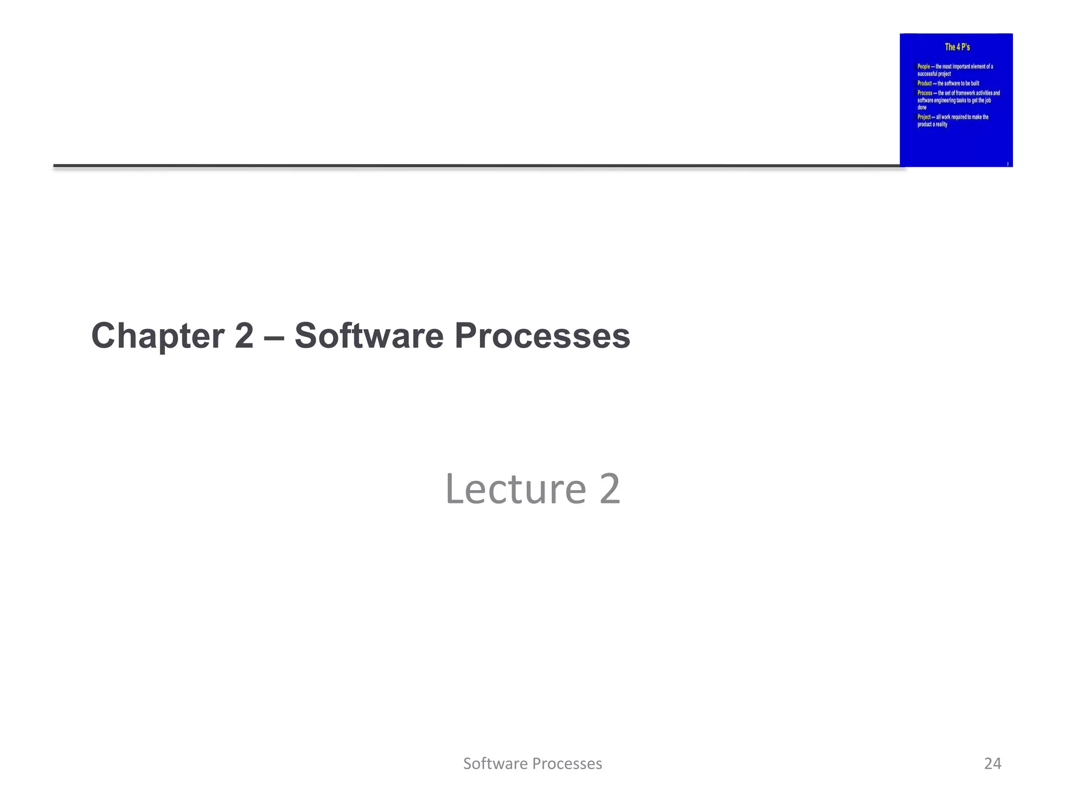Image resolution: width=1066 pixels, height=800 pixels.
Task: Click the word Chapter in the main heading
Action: (158, 336)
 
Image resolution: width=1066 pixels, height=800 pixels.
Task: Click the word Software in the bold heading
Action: (369, 336)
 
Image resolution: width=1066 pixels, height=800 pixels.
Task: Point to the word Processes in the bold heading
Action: (542, 336)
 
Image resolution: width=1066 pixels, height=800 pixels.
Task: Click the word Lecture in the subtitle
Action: (515, 489)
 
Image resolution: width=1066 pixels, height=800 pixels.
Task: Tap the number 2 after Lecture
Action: (610, 489)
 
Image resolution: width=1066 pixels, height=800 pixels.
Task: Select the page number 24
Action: (992, 764)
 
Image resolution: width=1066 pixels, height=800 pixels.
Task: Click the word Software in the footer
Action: (496, 764)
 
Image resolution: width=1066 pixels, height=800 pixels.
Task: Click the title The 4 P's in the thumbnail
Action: (957, 47)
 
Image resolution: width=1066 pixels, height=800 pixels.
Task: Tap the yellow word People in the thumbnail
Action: (923, 67)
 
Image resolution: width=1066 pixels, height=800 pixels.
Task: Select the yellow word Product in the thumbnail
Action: (924, 83)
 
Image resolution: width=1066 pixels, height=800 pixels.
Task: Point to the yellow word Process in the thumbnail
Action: (924, 93)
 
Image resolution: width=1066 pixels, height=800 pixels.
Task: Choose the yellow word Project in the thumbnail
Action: (924, 117)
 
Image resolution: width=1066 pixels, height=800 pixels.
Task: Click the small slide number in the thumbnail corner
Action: (1007, 164)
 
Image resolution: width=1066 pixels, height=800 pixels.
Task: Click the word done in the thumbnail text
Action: (922, 108)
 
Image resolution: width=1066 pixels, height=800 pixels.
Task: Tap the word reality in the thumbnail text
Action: (941, 124)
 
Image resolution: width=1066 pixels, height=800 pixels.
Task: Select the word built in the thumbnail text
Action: (974, 83)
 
